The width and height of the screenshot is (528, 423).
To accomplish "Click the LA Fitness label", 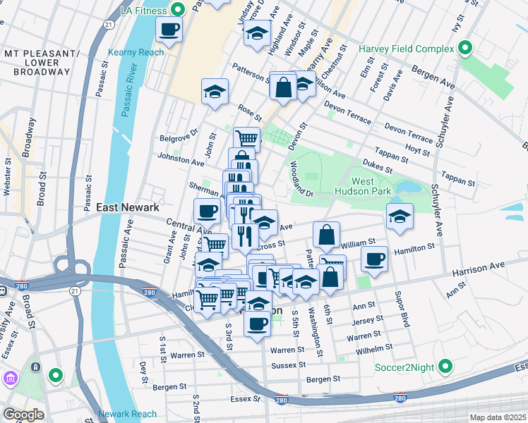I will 145,9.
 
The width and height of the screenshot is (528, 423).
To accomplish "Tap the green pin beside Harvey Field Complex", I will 465,49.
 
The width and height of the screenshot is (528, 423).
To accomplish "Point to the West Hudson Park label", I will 371,186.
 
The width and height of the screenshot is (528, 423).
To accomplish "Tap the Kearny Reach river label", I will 136,52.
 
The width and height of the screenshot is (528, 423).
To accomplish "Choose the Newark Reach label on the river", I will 127,414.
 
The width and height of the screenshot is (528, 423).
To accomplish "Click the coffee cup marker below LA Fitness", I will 169,30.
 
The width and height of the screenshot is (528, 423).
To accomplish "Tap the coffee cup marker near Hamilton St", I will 374,259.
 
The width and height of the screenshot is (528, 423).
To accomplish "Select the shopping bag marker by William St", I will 326,235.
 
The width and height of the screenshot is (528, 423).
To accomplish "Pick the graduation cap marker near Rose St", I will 215,92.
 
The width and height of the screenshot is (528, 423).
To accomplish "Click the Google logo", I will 23,415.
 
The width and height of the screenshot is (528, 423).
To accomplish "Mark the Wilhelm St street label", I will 375,348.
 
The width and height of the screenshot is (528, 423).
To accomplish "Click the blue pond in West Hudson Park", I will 407,188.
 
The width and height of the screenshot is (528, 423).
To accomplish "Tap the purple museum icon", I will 10,379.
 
